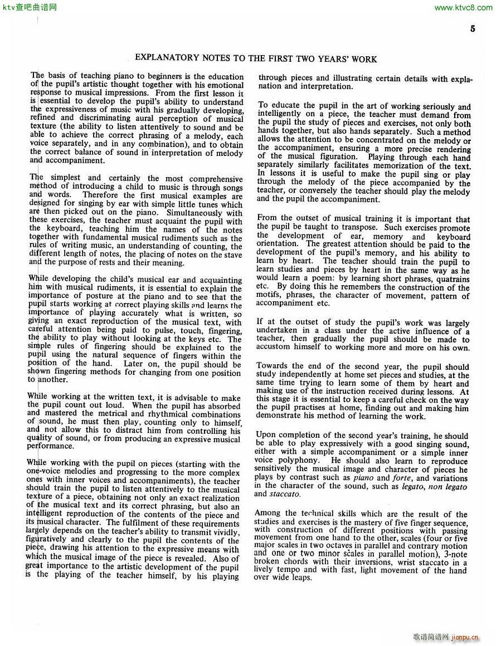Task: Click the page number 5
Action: pyautogui.click(x=473, y=29)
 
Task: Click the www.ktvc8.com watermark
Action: pyautogui.click(x=463, y=7)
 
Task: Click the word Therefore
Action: pyautogui.click(x=99, y=195)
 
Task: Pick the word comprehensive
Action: pyautogui.click(x=216, y=179)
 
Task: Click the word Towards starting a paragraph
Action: pyautogui.click(x=272, y=366)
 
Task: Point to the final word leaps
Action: pyautogui.click(x=300, y=578)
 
